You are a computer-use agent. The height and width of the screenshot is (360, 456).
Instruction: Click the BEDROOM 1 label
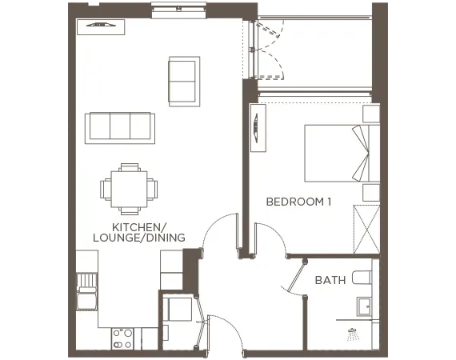pyautogui.click(x=298, y=202)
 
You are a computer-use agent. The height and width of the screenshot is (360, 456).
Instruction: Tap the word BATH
pyautogui.click(x=330, y=280)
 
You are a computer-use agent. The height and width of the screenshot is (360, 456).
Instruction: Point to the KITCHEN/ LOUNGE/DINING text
pyautogui.click(x=139, y=232)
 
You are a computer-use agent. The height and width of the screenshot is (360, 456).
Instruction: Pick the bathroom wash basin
pyautogui.click(x=365, y=306)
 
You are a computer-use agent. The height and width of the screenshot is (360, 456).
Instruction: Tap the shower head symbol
pyautogui.click(x=352, y=332)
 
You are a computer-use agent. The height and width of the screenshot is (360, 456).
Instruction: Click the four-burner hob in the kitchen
pyautogui.click(x=122, y=339)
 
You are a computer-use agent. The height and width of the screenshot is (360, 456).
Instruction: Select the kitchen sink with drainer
pyautogui.click(x=86, y=292)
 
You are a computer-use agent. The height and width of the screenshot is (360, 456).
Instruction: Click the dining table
pyautogui.click(x=129, y=189)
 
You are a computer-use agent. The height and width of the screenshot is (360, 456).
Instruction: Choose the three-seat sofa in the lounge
pyautogui.click(x=119, y=126)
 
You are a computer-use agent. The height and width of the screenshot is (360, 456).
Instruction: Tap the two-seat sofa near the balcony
pyautogui.click(x=184, y=80)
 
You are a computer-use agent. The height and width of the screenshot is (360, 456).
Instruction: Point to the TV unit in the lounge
pyautogui.click(x=101, y=26)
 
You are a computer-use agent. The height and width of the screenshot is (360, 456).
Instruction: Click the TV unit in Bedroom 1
pyautogui.click(x=258, y=126)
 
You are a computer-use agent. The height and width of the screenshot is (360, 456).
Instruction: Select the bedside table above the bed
pyautogui.click(x=370, y=113)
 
